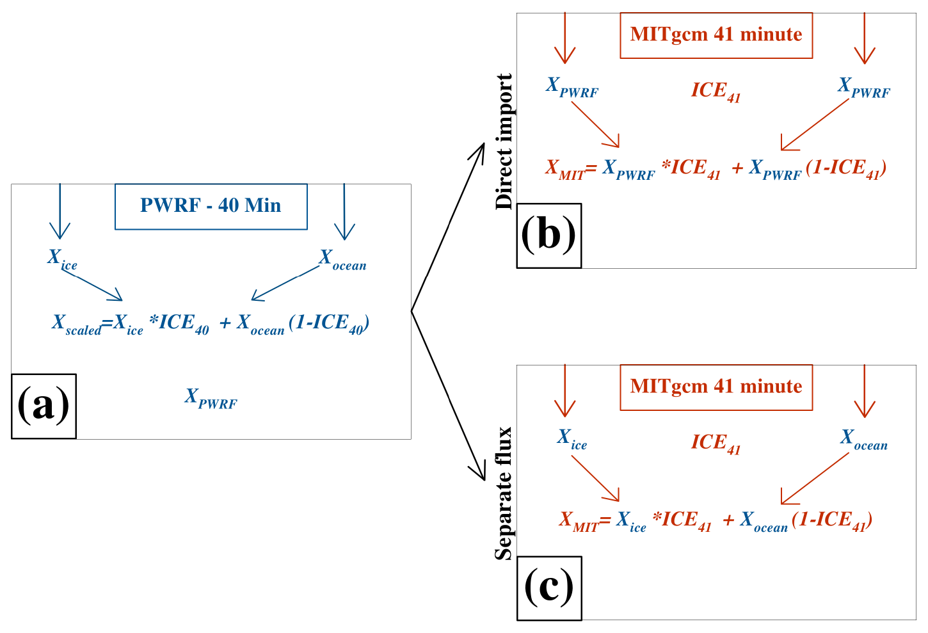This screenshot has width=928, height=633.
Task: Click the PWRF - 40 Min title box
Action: tap(211, 206)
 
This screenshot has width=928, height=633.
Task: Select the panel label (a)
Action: tap(44, 406)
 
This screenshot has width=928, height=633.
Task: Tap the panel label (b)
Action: tap(548, 235)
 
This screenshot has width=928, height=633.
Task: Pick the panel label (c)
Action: tap(548, 588)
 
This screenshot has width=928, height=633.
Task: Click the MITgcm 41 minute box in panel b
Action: tap(716, 35)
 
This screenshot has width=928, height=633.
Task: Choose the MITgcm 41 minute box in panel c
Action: tap(716, 387)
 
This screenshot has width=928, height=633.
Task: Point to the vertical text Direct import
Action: tap(504, 141)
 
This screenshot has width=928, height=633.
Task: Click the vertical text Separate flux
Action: tap(504, 493)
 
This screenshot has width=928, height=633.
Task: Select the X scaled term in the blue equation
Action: tap(76, 324)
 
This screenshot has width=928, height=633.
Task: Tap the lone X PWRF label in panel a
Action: tap(211, 398)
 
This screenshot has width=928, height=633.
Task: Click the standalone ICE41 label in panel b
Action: tap(716, 92)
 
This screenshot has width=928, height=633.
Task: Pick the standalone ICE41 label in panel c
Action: tap(716, 444)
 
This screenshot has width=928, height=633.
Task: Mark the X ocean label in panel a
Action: tap(342, 259)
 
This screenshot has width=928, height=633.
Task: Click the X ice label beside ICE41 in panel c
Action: tap(572, 439)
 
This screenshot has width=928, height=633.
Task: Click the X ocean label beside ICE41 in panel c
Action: tap(863, 439)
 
